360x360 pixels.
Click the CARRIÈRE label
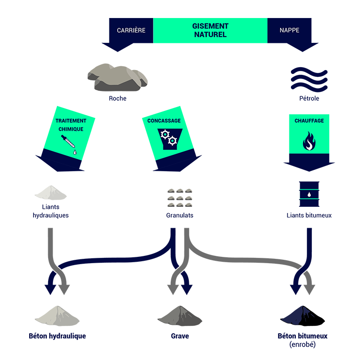point(131,30)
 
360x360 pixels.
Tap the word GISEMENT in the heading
point(210,26)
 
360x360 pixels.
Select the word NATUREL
point(210,35)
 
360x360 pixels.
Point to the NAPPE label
point(289,30)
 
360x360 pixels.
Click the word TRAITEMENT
point(71,121)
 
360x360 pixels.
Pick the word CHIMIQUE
point(71,129)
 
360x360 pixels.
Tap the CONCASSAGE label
point(164,121)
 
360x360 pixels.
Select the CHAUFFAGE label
point(309,121)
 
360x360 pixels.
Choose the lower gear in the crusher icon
point(172,141)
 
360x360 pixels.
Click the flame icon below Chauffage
point(309,141)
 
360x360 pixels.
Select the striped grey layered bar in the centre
point(180,194)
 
